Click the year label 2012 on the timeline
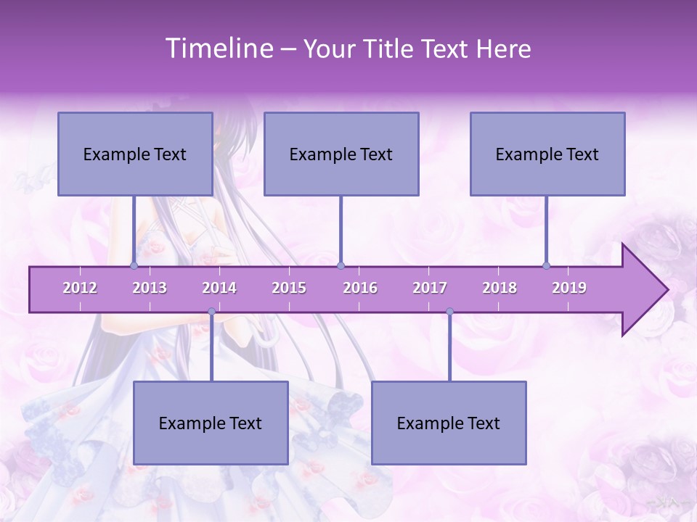tap(80, 288)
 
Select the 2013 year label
tap(150, 288)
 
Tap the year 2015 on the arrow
tap(289, 288)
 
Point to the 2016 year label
tap(360, 288)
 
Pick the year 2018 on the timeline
tap(500, 288)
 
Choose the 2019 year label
tap(569, 288)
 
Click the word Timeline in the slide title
tap(219, 49)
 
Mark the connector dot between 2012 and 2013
tap(134, 265)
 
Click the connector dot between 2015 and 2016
tap(341, 265)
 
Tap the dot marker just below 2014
tap(211, 312)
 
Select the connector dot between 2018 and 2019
tap(546, 265)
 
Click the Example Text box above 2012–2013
tap(135, 154)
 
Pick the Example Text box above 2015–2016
tap(341, 154)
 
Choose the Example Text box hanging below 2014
tap(211, 423)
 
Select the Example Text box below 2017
tap(449, 423)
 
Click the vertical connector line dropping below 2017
tap(449, 348)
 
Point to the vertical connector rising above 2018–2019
tap(546, 231)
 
